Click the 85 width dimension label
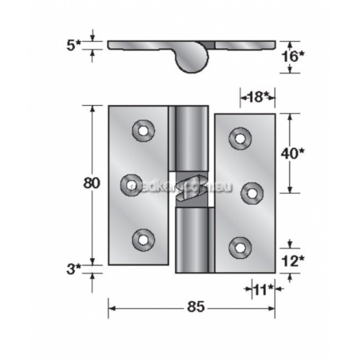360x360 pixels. click(192, 307)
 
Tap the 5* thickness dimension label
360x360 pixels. click(73, 45)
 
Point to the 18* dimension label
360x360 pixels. click(257, 96)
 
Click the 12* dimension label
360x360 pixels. click(292, 261)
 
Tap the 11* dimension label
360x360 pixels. click(263, 290)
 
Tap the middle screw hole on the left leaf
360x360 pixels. click(131, 185)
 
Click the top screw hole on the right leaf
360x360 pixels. click(240, 137)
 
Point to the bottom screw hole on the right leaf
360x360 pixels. click(239, 247)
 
